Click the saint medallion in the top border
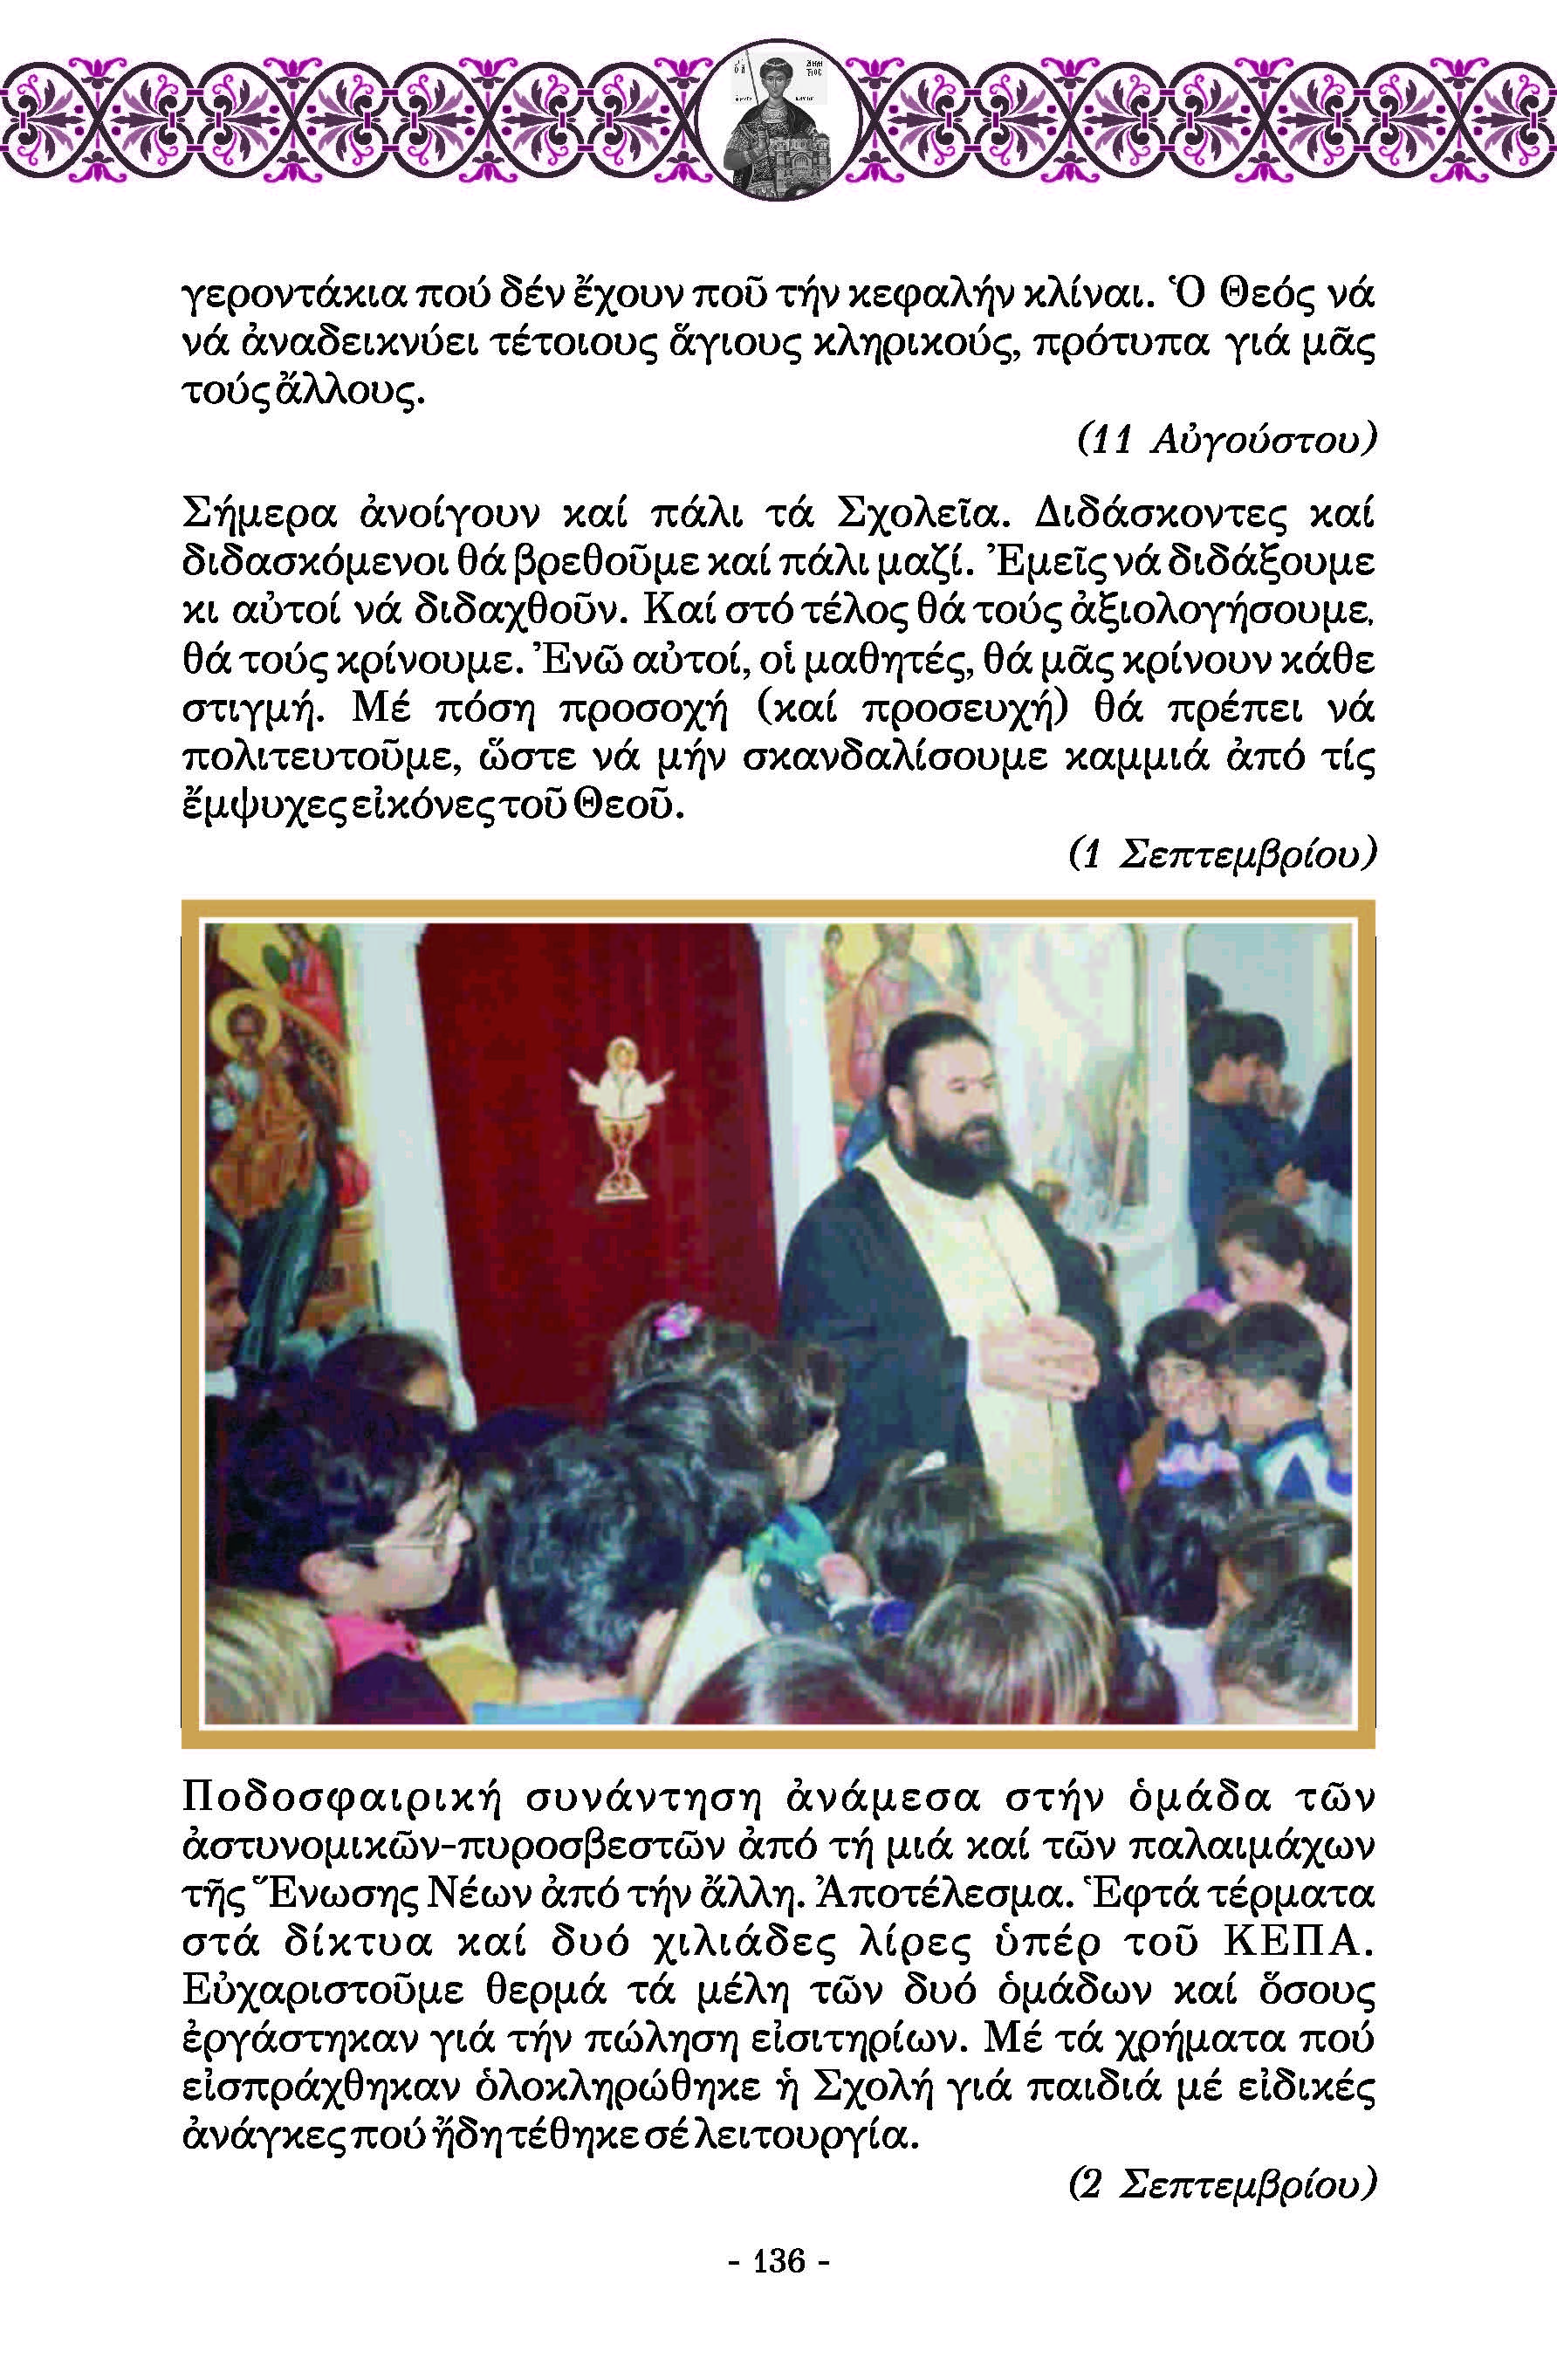790,119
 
